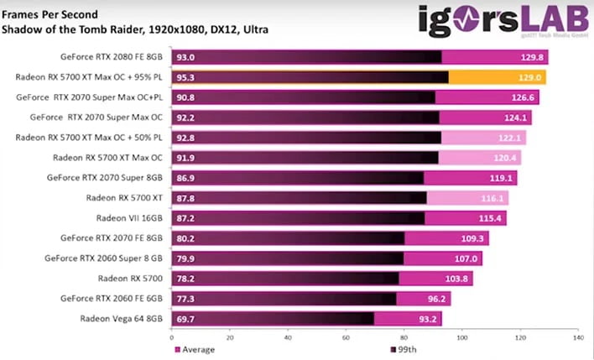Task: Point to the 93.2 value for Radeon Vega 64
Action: (x=427, y=319)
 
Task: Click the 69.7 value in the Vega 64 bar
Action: (x=186, y=319)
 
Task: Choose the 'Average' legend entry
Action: (x=197, y=349)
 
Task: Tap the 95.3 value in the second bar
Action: (x=187, y=77)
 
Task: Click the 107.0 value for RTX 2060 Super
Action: (x=467, y=258)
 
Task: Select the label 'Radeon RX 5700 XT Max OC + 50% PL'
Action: (x=92, y=138)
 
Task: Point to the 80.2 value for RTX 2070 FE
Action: (x=186, y=237)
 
